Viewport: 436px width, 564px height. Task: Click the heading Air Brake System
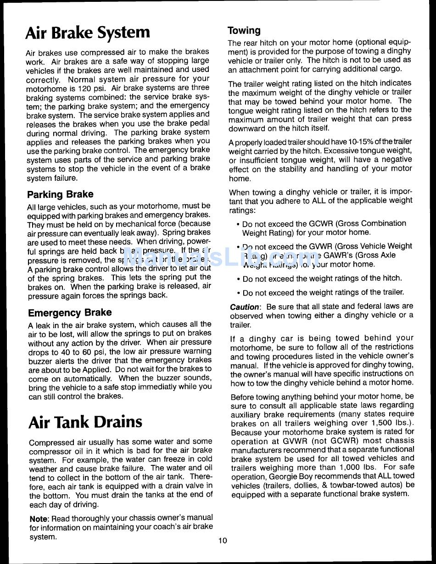[x=88, y=33]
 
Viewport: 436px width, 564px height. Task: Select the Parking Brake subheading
[x=60, y=194]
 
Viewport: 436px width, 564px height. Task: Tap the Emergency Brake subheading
[x=70, y=313]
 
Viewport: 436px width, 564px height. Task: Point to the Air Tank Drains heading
[x=85, y=422]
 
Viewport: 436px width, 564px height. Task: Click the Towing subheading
[x=244, y=31]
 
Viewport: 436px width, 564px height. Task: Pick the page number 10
[x=223, y=541]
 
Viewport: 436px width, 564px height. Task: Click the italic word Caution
[x=244, y=307]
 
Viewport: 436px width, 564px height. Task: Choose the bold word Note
[x=39, y=518]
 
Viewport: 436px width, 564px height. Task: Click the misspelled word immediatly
[x=168, y=387]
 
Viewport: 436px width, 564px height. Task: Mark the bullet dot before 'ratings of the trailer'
[x=238, y=293]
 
